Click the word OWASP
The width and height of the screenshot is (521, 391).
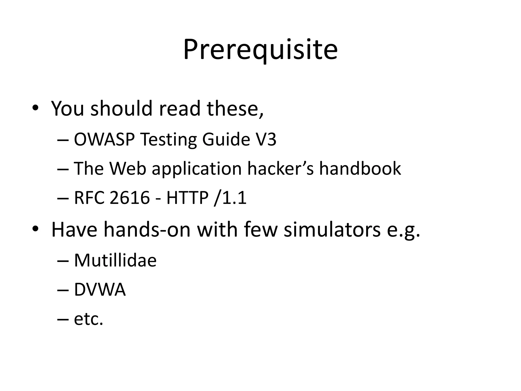coord(104,139)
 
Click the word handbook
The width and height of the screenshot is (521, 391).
coord(360,169)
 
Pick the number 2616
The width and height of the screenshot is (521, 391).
coord(130,198)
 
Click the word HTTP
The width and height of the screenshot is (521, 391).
coord(187,198)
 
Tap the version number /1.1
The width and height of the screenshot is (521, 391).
coord(230,198)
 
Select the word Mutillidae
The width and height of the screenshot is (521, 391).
coord(115,260)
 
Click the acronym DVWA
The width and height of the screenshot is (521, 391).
coord(100,290)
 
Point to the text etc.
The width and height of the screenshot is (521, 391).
coord(89,319)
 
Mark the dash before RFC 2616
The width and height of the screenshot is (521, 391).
coord(63,198)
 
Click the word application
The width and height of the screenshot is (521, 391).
coord(197,169)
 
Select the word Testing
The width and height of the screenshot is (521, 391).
coord(168,140)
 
